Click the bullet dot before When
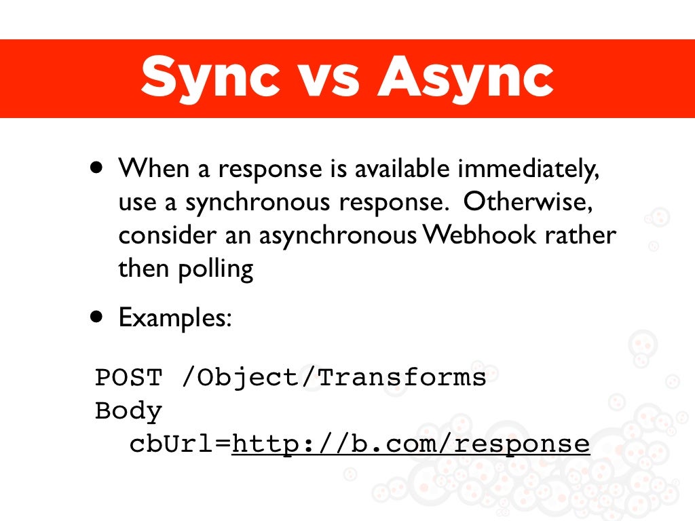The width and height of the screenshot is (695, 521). tap(99, 167)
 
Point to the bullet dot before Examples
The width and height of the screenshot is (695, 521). tap(99, 317)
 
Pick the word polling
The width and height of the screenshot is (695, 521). tap(216, 270)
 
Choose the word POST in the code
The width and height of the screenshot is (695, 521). tap(129, 377)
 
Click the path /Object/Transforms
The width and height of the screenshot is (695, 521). tap(334, 377)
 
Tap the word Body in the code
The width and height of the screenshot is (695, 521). tap(129, 410)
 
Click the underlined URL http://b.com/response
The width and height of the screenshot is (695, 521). tap(411, 444)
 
